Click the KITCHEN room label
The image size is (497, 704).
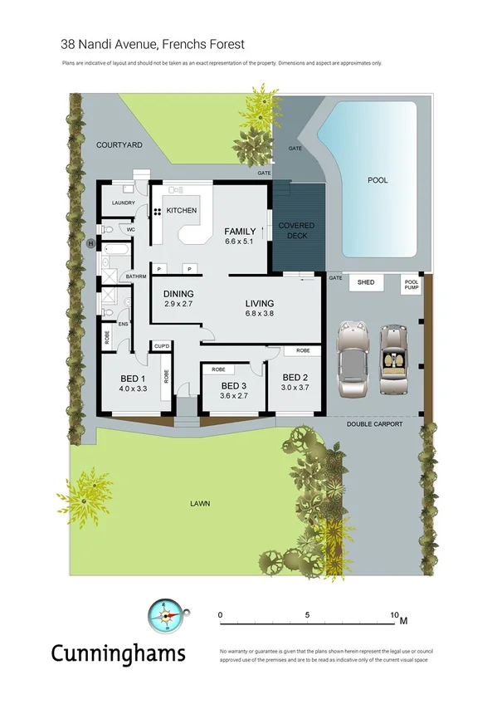pos(182,211)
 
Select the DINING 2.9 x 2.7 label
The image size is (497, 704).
pos(178,299)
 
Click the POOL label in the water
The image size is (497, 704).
pos(378,180)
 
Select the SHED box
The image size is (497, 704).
pos(366,283)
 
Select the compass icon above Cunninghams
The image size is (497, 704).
pos(163,617)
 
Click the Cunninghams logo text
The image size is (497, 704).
pos(118,654)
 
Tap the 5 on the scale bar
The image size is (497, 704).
pos(308,615)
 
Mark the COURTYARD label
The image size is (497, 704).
pos(119,144)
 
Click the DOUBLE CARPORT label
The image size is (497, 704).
pos(375,424)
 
